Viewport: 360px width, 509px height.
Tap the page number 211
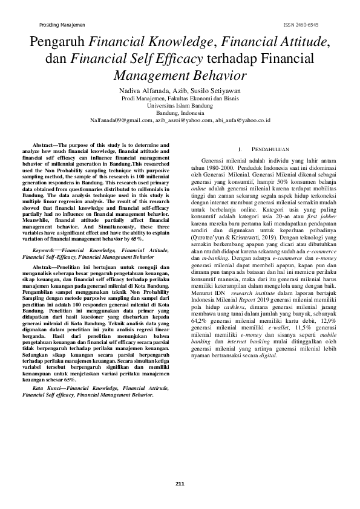pyautogui.click(x=180, y=482)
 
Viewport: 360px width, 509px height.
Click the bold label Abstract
pyautogui.click(x=44, y=145)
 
